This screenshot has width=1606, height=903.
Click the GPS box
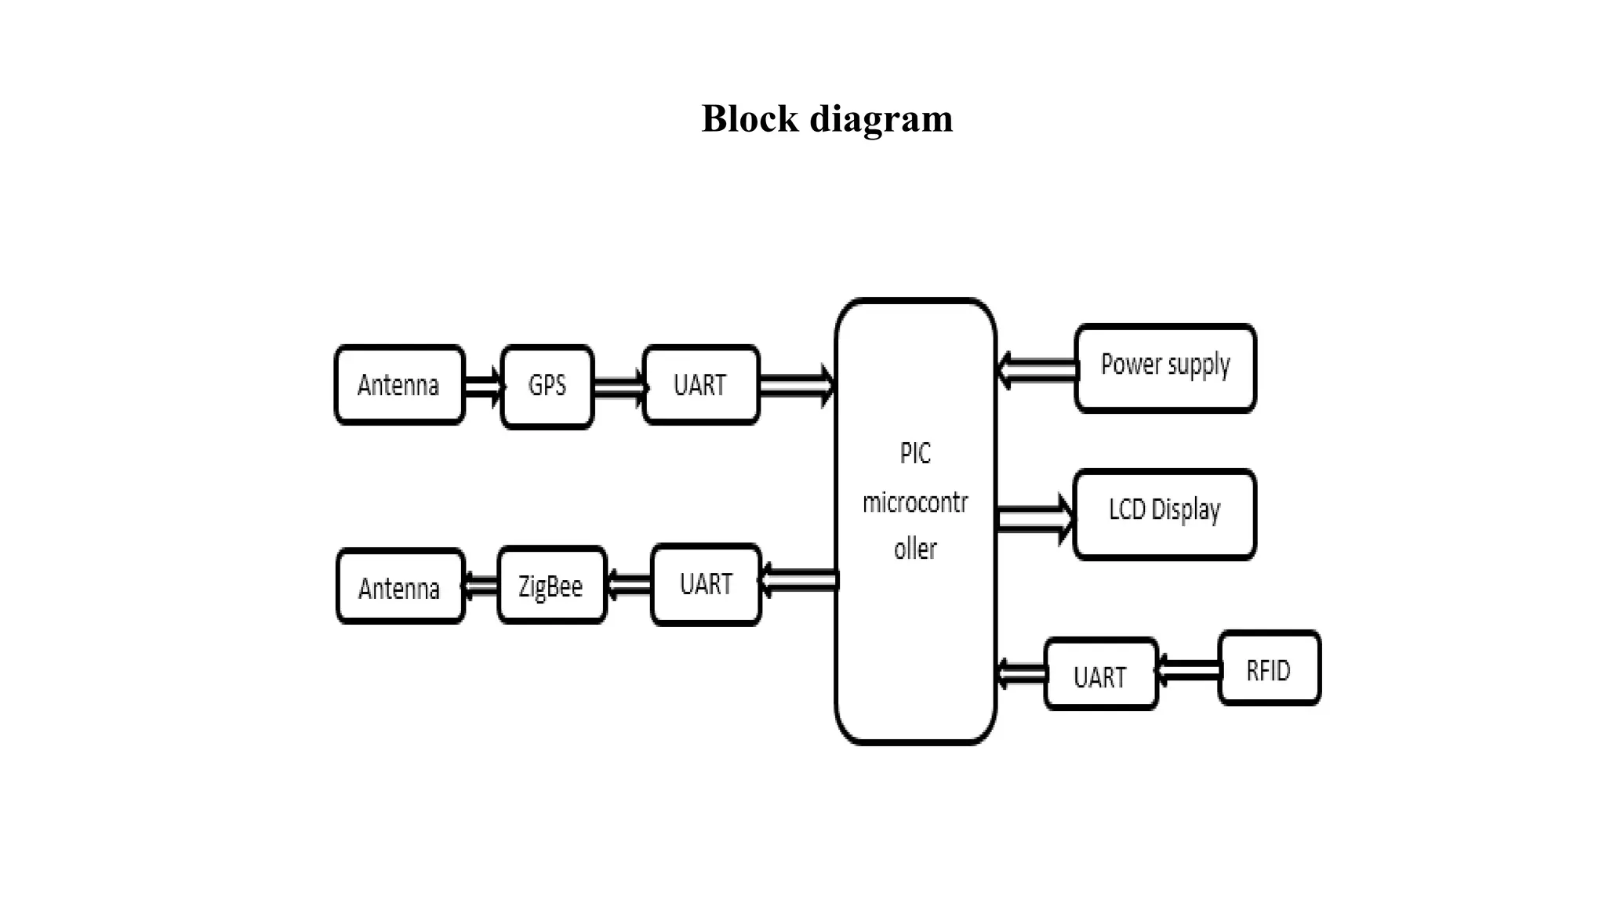pos(547,386)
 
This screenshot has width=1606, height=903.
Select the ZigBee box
pos(551,586)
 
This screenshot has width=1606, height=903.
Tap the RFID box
pos(1269,669)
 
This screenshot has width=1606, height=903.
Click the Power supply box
pos(1165,367)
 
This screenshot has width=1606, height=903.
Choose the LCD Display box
pos(1165,513)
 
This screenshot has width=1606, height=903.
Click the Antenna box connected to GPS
pos(399,385)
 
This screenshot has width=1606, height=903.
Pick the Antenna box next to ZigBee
pos(400,587)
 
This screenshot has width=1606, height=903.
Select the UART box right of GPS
pos(700,385)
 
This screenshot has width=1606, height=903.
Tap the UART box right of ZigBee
pos(706,584)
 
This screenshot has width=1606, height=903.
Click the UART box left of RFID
pos(1100,675)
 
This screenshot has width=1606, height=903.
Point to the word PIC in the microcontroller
pos(914,454)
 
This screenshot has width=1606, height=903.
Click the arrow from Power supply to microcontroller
pos(1036,369)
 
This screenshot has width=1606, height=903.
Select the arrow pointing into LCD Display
pos(1034,518)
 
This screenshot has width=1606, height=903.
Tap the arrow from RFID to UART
pos(1188,670)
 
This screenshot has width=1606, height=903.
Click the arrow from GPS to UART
pos(619,386)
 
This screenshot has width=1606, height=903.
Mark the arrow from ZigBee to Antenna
pos(481,585)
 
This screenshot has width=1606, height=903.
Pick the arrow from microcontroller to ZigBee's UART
pos(798,580)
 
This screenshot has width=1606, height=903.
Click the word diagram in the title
pos(881,119)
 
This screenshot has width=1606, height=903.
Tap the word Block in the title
pos(750,119)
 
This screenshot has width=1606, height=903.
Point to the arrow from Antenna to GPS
pos(482,385)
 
